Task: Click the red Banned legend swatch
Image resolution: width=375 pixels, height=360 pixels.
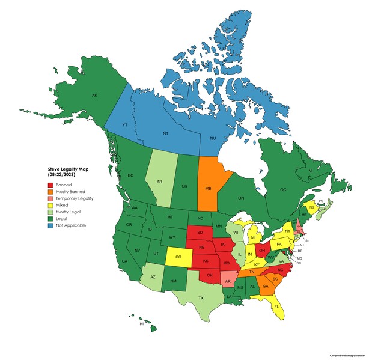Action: coord(51,185)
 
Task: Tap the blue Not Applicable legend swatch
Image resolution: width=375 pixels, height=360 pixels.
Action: coord(51,225)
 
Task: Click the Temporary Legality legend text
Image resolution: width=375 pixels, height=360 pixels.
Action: coord(74,198)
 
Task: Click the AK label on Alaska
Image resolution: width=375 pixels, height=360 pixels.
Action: coord(94,96)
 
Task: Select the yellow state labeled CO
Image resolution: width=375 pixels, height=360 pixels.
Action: coord(178,257)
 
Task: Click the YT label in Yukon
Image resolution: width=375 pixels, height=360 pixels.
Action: coord(125,124)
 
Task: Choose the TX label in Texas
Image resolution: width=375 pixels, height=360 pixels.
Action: coord(201,298)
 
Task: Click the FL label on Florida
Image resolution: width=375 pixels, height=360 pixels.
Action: coord(277,306)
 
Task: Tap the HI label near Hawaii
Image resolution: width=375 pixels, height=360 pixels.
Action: coord(141,324)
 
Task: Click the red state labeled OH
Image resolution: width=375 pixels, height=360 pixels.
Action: coord(262,251)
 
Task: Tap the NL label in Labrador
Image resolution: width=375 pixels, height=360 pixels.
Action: coord(311,171)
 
